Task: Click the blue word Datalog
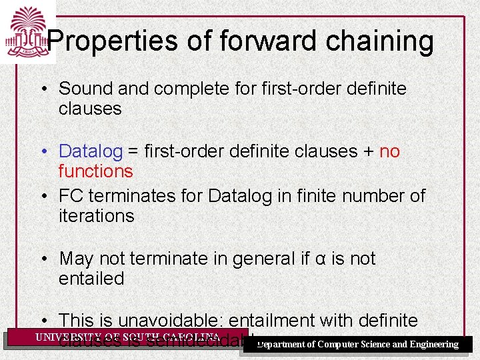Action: tap(91, 152)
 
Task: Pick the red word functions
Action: tap(95, 171)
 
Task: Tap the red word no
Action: tap(389, 152)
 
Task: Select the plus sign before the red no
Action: tap(369, 152)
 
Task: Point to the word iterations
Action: tap(96, 216)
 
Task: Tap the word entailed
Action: tap(91, 279)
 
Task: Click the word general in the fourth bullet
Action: tap(258, 259)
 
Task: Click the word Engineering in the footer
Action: tap(434, 345)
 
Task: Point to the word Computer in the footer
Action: tap(339, 345)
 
